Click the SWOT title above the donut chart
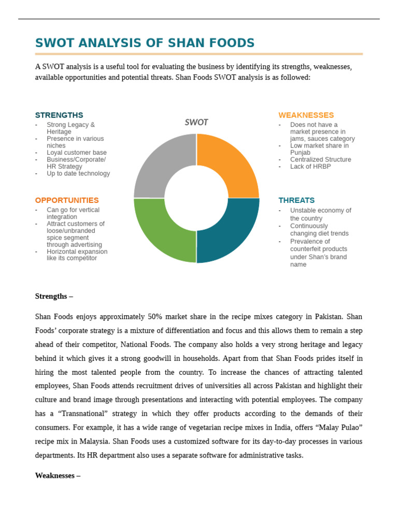(196, 122)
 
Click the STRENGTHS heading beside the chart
(59, 115)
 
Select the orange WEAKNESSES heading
(306, 115)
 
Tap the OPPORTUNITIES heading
(67, 200)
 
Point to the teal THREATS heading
(296, 200)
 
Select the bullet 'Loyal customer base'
(76, 153)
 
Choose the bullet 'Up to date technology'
(78, 173)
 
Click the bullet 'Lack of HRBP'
(310, 167)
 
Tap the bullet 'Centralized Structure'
(320, 159)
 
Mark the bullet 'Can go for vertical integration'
(73, 213)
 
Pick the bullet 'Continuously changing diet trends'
(319, 230)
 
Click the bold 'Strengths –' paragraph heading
(54, 296)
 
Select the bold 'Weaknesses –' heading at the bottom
(58, 475)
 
